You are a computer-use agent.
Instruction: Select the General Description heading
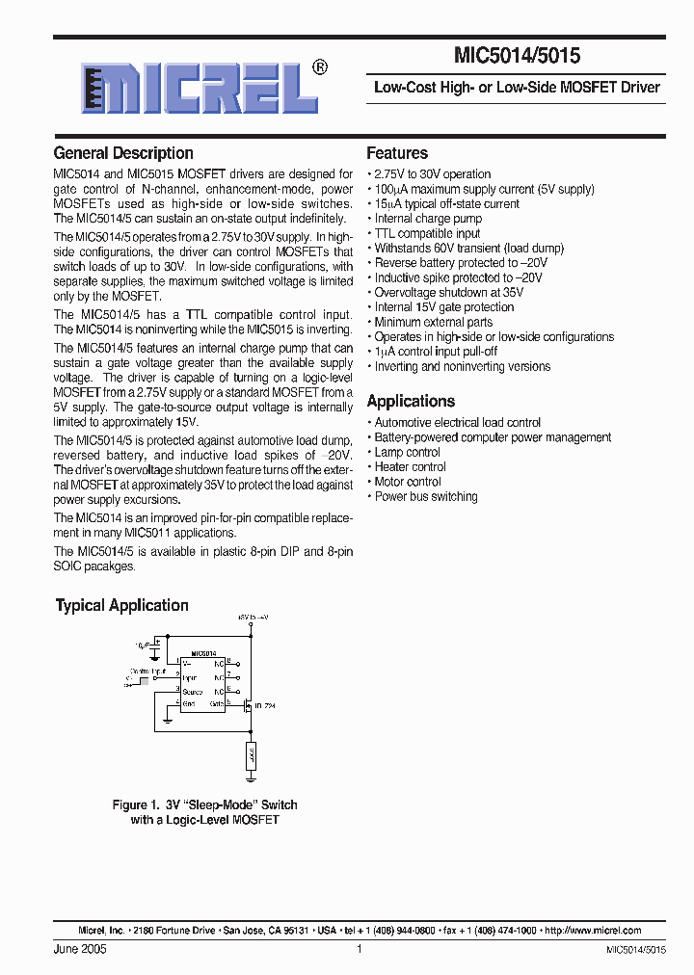pos(123,153)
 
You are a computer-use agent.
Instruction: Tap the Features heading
pos(397,153)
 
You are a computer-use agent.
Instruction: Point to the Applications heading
pos(411,402)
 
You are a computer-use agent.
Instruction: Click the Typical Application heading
pos(121,606)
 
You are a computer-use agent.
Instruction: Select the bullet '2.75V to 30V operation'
pos(432,174)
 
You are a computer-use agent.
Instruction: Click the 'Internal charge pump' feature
pos(428,219)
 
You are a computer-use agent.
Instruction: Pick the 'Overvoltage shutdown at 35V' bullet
pos(448,293)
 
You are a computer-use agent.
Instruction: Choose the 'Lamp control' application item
pos(407,452)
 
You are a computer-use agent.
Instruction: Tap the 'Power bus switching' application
pos(425,497)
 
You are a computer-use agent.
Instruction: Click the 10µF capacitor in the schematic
pos(154,644)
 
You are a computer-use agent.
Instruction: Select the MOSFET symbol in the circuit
pos(248,705)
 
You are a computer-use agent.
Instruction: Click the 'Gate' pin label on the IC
pos(218,705)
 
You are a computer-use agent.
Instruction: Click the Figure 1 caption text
pos(204,812)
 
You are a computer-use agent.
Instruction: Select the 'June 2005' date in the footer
pos(80,950)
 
